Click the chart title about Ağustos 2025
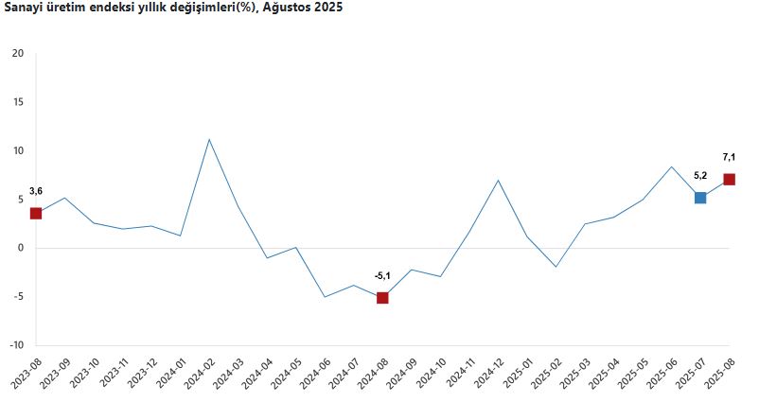(x=175, y=8)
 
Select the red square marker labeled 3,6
(x=36, y=213)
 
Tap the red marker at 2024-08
(x=382, y=298)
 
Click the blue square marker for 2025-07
(x=700, y=198)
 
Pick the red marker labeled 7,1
(x=729, y=180)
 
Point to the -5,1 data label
(x=382, y=275)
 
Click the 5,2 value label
(x=700, y=175)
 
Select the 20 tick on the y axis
(x=18, y=53)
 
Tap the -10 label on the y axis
(x=16, y=345)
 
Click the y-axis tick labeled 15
(x=18, y=102)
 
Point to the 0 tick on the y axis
(x=21, y=248)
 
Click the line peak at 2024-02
(x=209, y=140)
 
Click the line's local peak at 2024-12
(x=498, y=180)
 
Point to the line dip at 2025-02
(x=556, y=267)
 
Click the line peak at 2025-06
(x=671, y=166)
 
